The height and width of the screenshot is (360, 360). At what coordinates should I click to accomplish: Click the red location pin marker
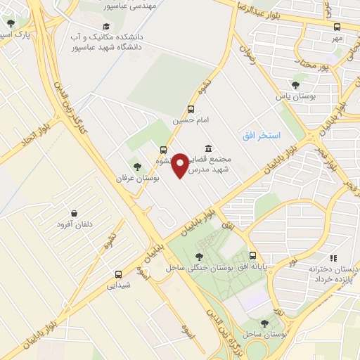180,165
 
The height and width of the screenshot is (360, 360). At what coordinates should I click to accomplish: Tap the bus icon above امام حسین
191,109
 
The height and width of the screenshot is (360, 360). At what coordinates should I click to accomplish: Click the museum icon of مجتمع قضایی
208,148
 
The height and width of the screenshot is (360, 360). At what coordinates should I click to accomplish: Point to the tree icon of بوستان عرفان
137,167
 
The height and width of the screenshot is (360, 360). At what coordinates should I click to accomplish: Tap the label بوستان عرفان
139,179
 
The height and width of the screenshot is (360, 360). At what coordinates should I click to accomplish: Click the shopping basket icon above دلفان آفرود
74,213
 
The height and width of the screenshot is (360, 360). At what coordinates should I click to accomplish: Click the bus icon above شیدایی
117,274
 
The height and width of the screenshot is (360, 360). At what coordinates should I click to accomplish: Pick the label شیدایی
117,285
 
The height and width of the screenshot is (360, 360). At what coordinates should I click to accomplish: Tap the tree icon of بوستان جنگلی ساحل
200,257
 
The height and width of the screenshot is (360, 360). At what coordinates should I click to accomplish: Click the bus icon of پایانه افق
252,256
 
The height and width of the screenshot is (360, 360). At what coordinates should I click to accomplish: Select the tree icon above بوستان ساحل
264,323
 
